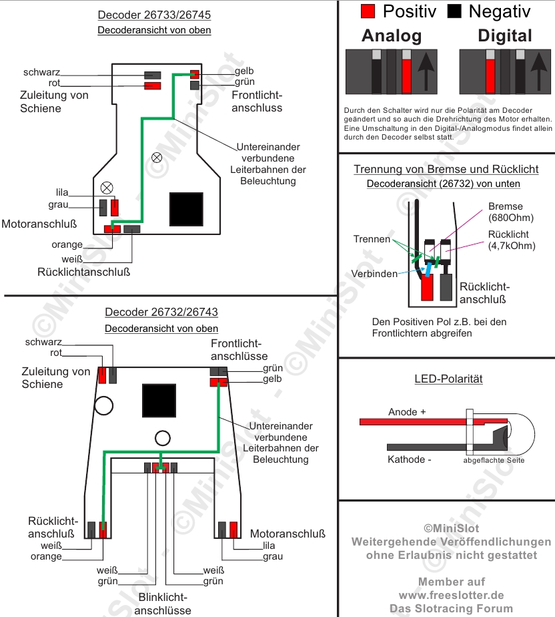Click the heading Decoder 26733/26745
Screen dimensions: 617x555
154,15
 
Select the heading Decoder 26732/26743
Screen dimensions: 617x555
161,312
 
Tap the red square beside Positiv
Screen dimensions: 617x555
368,11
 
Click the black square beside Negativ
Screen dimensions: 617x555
455,11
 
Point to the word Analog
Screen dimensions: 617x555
392,35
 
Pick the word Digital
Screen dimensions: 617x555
505,35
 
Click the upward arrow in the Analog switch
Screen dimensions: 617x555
424,71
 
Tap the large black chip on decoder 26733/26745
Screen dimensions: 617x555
186,209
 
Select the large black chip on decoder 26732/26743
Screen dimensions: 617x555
159,401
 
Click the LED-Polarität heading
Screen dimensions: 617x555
448,379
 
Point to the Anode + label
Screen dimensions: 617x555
407,412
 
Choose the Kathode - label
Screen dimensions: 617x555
410,459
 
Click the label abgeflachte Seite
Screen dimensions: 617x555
494,460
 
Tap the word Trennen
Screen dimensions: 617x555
372,239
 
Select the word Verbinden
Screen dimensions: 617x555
374,274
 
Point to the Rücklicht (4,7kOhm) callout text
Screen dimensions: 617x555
512,240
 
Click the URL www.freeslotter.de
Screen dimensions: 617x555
452,595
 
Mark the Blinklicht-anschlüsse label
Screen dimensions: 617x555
162,604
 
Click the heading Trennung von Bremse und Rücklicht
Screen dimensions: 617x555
446,170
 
